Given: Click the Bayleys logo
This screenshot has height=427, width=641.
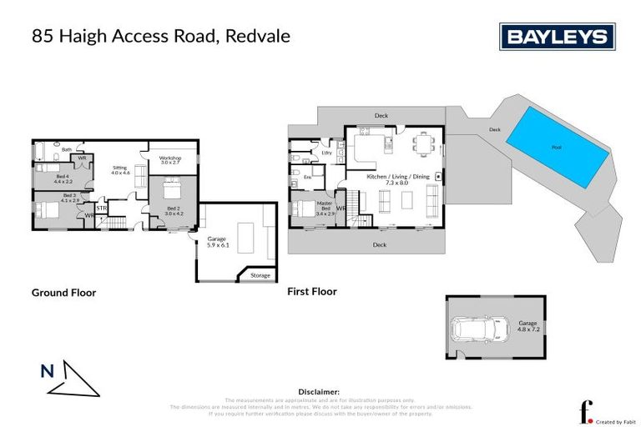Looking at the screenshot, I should (x=557, y=37).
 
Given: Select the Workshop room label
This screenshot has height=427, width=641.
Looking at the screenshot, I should (x=170, y=158).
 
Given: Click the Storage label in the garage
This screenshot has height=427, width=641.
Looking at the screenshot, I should (x=260, y=275).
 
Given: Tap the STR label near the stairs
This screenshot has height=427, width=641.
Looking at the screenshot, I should (x=102, y=208).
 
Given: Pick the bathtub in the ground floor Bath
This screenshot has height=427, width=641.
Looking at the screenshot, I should (x=43, y=151).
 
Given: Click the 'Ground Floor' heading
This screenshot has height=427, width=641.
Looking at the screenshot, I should (x=63, y=293).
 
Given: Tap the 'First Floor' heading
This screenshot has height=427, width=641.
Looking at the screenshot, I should (x=312, y=292).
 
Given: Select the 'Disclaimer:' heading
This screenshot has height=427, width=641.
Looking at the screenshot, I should (x=319, y=391).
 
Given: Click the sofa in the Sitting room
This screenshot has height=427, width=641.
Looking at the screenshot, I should (x=139, y=175).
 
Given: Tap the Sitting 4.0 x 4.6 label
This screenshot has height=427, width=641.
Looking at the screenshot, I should (x=121, y=170).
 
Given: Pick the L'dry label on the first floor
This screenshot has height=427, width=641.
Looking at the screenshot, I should (x=326, y=153).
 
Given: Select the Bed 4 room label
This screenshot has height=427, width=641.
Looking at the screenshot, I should (x=64, y=178).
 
